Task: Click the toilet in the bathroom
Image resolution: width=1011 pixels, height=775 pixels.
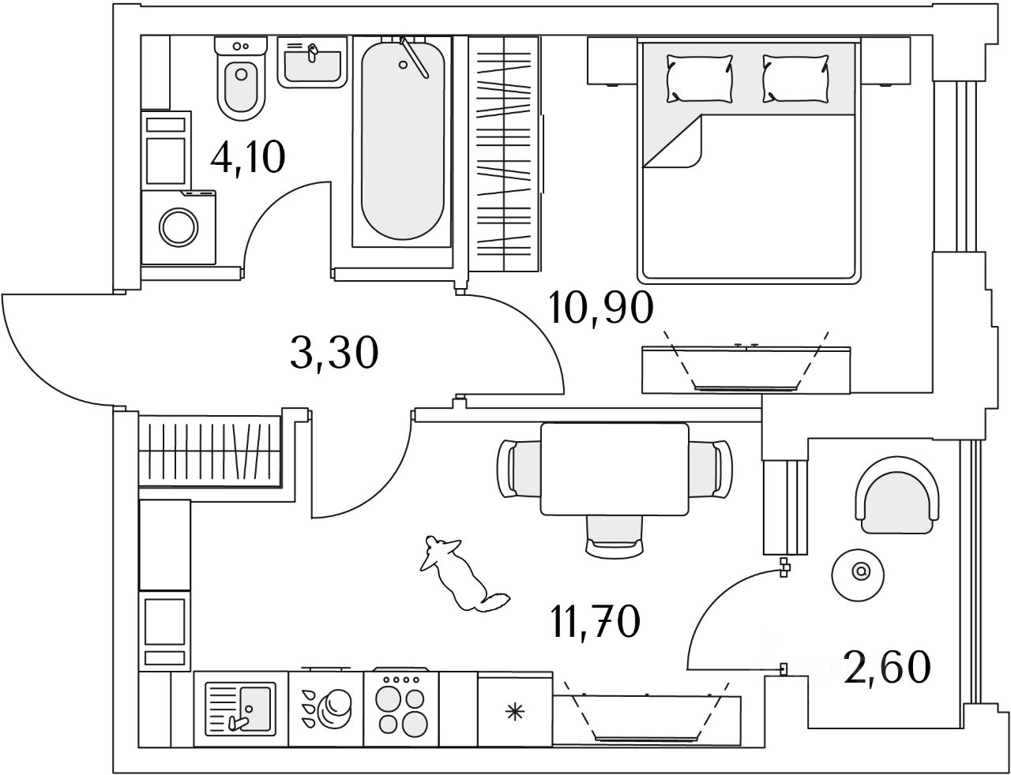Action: click(241, 79)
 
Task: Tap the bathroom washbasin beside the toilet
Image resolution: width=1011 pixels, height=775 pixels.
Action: click(313, 61)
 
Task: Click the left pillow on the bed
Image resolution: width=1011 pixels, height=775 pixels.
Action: click(699, 77)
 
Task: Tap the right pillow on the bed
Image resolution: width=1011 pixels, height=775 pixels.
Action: click(796, 77)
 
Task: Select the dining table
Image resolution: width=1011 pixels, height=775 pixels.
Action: click(614, 468)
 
